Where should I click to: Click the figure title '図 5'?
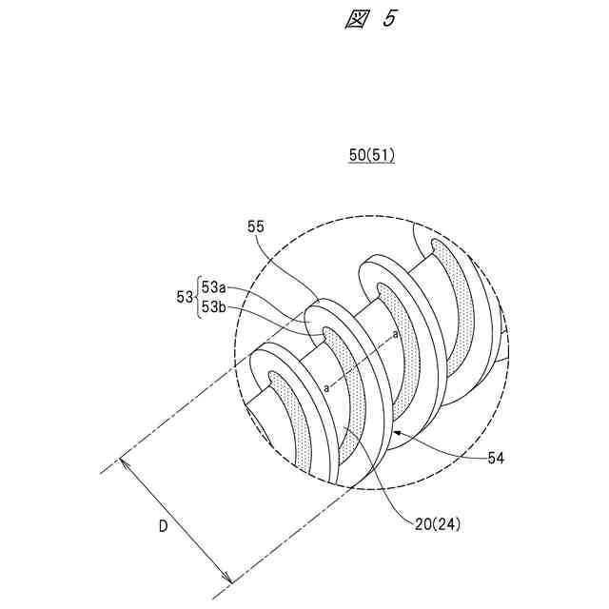368,20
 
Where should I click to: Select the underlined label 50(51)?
370,156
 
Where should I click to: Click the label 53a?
213,287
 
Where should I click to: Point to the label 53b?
213,306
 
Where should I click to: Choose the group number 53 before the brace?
185,297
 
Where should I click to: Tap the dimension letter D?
164,526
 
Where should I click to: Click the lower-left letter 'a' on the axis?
326,388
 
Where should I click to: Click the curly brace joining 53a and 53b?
197,297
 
